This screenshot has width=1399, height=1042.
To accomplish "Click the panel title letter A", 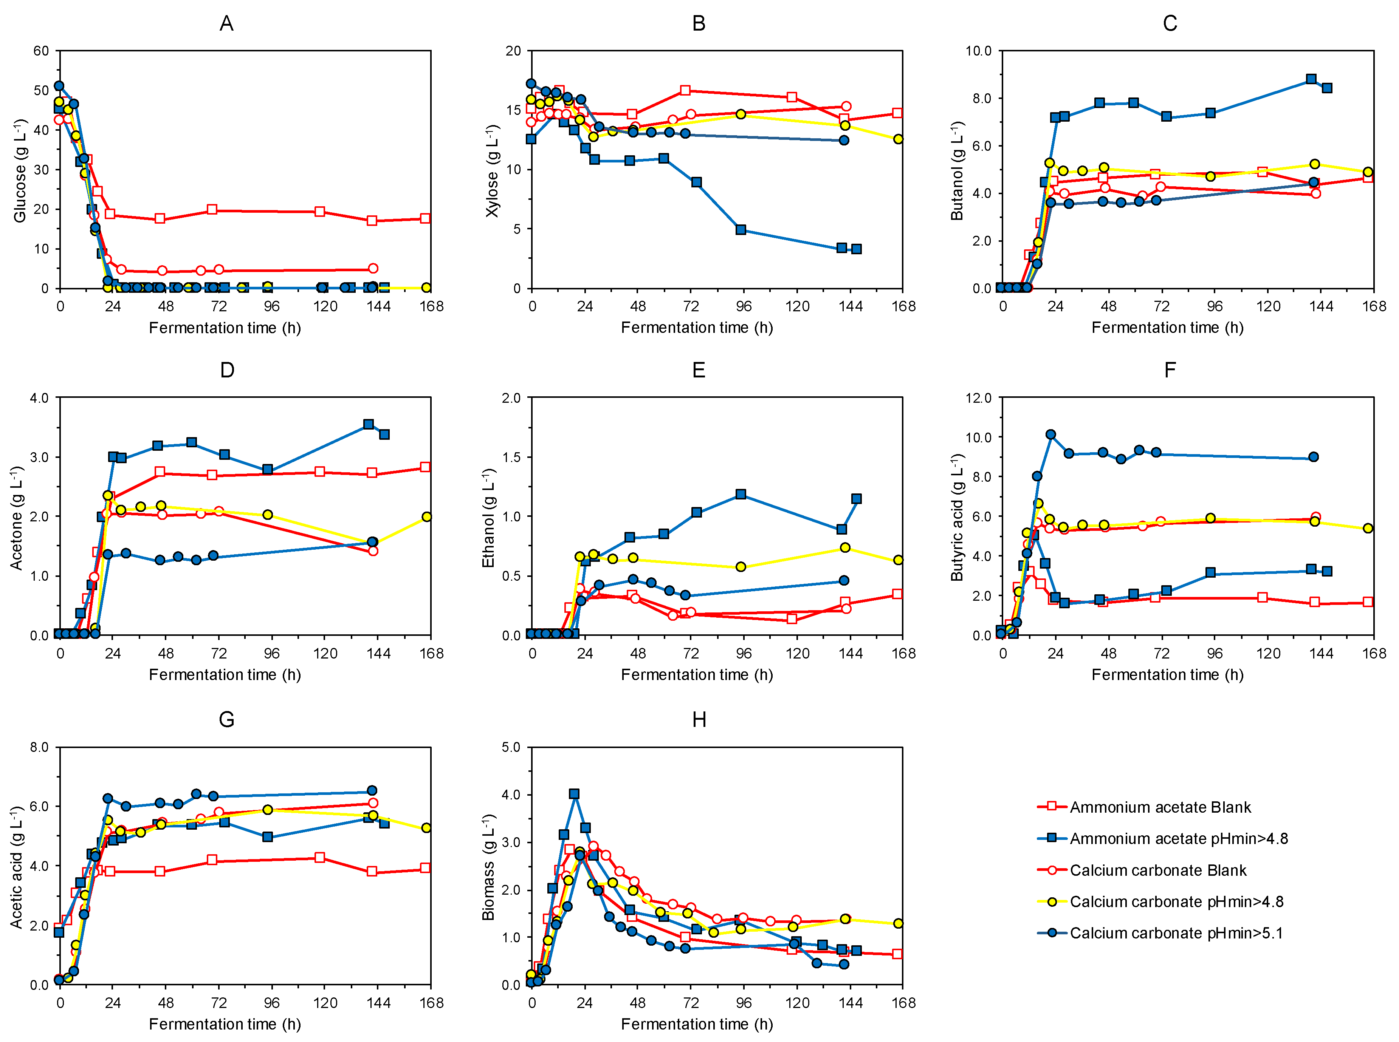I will coord(226,24).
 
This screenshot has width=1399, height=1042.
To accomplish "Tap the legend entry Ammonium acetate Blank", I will coord(1160,807).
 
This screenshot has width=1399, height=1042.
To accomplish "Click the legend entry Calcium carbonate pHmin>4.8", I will coord(1176,901).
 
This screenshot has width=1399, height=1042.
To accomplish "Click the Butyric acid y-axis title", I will coord(957,517).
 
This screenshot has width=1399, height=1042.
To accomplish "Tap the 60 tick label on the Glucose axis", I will coord(41,51).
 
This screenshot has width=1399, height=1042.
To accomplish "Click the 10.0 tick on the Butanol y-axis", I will coord(978,51).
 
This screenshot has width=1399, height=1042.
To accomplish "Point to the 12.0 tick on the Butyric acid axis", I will coord(978,398).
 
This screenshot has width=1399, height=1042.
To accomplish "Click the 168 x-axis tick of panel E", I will coord(903,654).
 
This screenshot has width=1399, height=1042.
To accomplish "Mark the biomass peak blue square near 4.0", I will coord(573,794).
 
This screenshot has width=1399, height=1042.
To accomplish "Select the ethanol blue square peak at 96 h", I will coord(741,495).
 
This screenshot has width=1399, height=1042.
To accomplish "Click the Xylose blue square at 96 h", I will coord(741,230).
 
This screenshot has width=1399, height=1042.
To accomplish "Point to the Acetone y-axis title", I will coord(16,517).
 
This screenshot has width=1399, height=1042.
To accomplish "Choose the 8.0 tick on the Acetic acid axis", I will coord(39,747).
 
